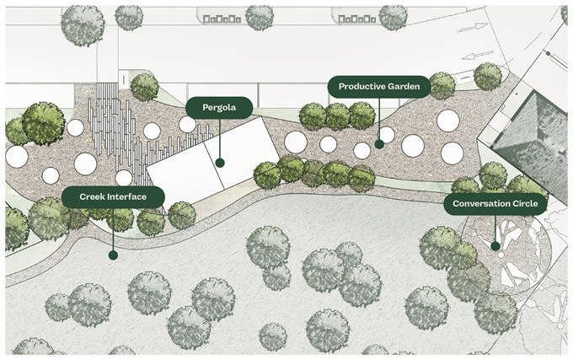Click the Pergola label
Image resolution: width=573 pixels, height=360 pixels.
click(219, 107)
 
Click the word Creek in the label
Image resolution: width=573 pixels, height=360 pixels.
click(93, 196)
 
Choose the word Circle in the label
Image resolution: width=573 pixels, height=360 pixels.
click(524, 204)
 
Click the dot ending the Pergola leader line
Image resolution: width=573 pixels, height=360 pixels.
click(219, 163)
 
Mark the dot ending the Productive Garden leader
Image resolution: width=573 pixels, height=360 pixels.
click(379, 144)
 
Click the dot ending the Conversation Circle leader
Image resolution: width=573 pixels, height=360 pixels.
click(495, 247)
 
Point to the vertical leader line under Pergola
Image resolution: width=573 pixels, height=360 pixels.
click(219, 139)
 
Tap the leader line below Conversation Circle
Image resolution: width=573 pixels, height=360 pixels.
click(495, 229)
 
